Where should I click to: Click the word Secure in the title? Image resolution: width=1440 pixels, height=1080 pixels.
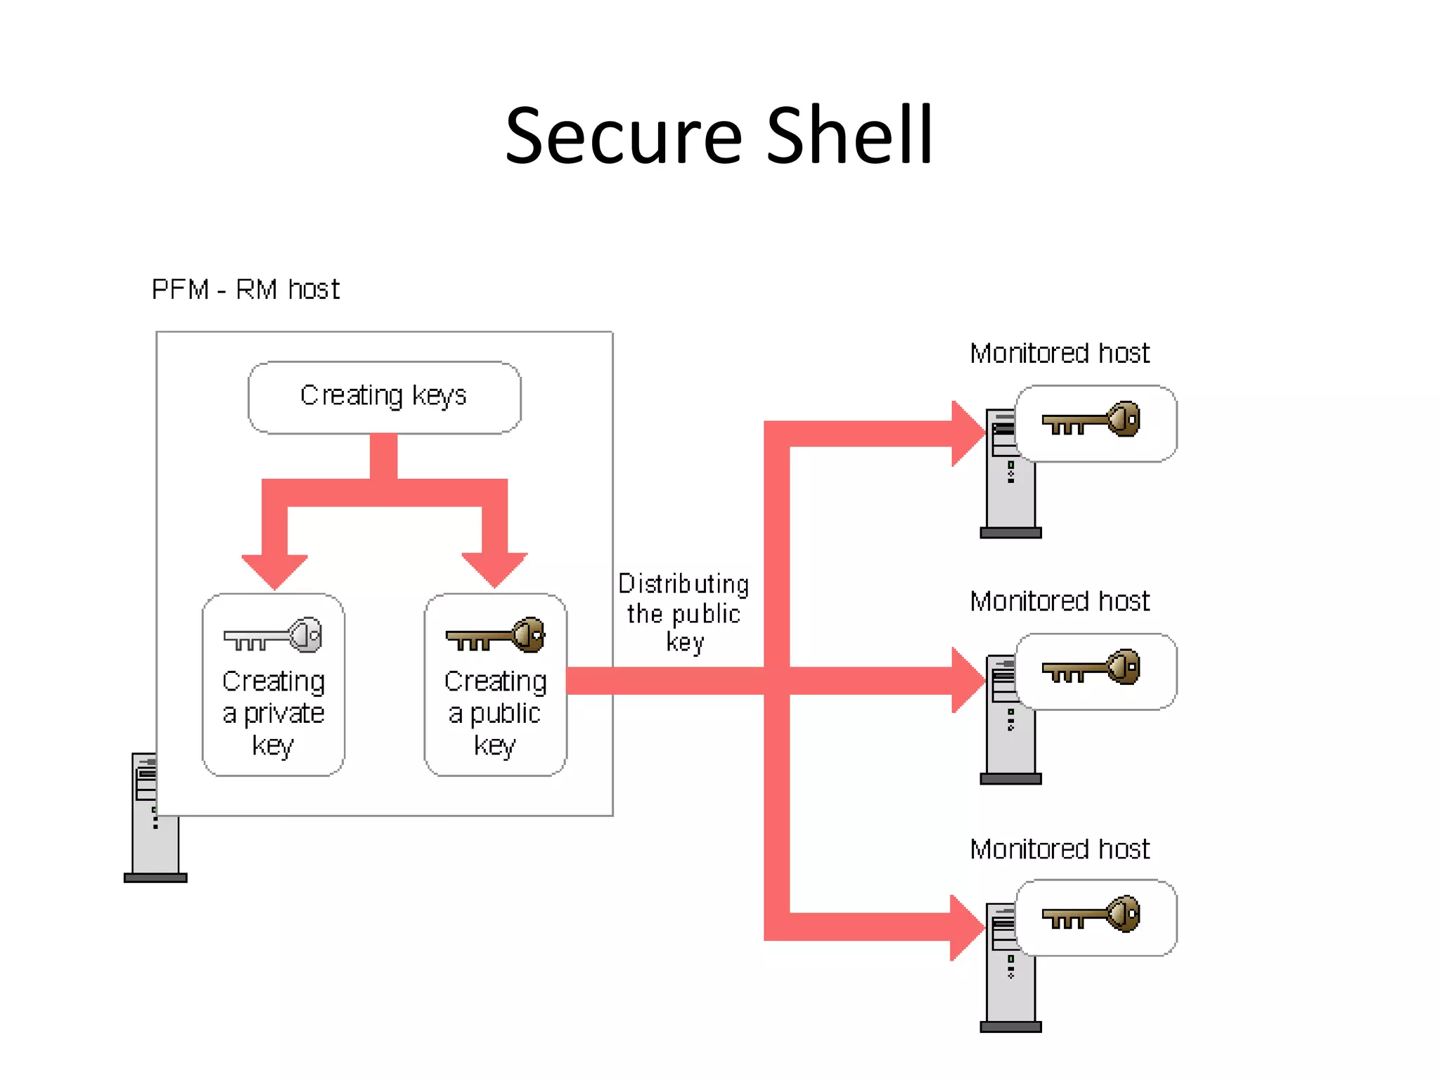[x=623, y=136]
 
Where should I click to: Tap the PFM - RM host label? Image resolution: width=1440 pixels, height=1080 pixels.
[x=245, y=290]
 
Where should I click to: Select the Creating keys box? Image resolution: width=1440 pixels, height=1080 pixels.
[x=384, y=397]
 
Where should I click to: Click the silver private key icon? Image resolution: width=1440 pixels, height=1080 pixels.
[x=274, y=636]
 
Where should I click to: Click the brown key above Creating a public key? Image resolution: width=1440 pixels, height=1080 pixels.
[x=496, y=636]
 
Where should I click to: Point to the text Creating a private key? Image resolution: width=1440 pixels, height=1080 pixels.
[x=274, y=713]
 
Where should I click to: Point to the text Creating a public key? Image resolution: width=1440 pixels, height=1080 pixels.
[x=495, y=713]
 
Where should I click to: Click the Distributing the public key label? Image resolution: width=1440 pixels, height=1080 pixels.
[x=683, y=613]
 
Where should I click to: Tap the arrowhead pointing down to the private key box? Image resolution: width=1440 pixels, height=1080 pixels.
[x=274, y=570]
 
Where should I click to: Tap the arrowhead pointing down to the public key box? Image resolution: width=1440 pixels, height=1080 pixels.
[x=494, y=569]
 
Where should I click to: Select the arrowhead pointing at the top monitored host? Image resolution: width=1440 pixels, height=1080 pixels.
[x=967, y=434]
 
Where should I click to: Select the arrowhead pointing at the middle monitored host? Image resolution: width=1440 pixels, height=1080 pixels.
[x=967, y=680]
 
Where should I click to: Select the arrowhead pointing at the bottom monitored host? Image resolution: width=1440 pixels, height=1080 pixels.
[x=966, y=927]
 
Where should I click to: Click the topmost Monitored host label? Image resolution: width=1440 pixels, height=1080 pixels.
[x=1060, y=353]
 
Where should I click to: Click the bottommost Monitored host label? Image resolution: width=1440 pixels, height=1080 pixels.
[x=1060, y=849]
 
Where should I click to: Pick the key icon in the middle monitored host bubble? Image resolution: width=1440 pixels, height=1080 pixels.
[x=1091, y=667]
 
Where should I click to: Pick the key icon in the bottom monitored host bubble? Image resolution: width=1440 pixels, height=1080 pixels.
[x=1091, y=914]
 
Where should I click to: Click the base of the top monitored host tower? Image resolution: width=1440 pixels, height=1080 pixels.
[x=1010, y=533]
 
